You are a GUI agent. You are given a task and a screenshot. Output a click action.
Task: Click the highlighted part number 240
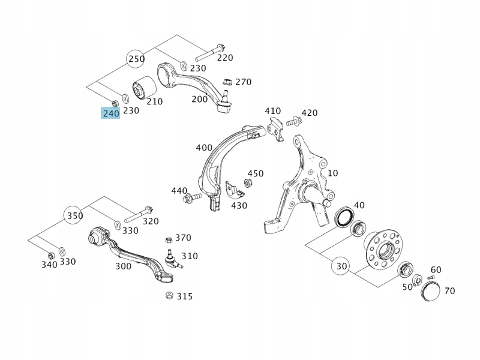110,113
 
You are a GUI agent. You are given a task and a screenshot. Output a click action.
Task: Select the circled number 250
136,59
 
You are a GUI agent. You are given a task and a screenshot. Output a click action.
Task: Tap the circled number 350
74,215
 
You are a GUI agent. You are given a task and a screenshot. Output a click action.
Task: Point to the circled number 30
341,266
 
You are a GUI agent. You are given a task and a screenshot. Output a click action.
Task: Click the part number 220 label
225,58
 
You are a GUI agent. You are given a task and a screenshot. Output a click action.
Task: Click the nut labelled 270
227,82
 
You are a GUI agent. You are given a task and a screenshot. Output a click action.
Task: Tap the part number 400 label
204,148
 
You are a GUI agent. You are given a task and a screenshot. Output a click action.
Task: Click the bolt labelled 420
293,121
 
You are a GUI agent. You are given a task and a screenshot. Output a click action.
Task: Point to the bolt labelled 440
195,199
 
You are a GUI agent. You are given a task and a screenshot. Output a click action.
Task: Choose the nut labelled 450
247,182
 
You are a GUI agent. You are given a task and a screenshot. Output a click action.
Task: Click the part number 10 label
332,173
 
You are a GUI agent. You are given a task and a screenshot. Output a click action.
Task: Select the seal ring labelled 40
344,217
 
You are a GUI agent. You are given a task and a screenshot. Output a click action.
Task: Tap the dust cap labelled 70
431,292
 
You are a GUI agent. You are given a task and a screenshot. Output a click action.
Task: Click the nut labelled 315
169,296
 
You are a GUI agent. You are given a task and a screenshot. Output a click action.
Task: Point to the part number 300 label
123,266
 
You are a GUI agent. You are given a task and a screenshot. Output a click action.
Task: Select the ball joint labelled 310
170,258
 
